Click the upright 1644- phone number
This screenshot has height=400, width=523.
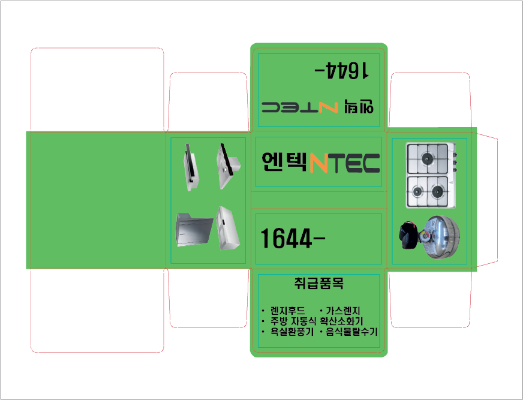pos(293,239)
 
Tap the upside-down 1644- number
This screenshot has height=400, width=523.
pos(341,70)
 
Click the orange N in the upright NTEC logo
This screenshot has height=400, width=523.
pos(318,163)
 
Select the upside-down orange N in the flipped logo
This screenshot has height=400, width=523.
pos(328,107)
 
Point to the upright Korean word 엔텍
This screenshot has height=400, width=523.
pos(284,162)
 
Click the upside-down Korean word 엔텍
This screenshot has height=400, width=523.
pos(359,106)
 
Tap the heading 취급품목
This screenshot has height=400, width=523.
pos(319,283)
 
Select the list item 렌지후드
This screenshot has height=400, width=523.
pos(287,311)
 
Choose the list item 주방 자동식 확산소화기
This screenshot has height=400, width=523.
pos(317,321)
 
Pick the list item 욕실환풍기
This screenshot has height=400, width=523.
pos(292,332)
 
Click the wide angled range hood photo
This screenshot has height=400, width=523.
pos(194,230)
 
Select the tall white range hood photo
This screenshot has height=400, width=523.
pos(228,228)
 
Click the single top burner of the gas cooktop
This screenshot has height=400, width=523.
pos(427,158)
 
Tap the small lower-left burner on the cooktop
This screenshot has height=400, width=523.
pos(417,191)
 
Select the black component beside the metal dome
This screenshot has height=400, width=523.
pos(408,235)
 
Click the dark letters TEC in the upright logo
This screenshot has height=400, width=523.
pos(353,163)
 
